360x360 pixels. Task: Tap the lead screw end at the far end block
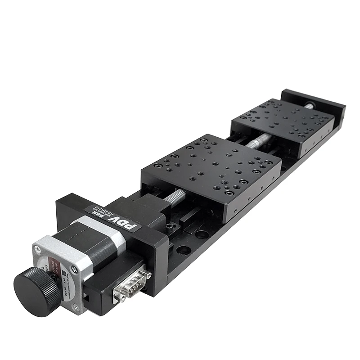tap(311, 105)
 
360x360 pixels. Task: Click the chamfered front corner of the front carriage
tap(234, 216)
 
